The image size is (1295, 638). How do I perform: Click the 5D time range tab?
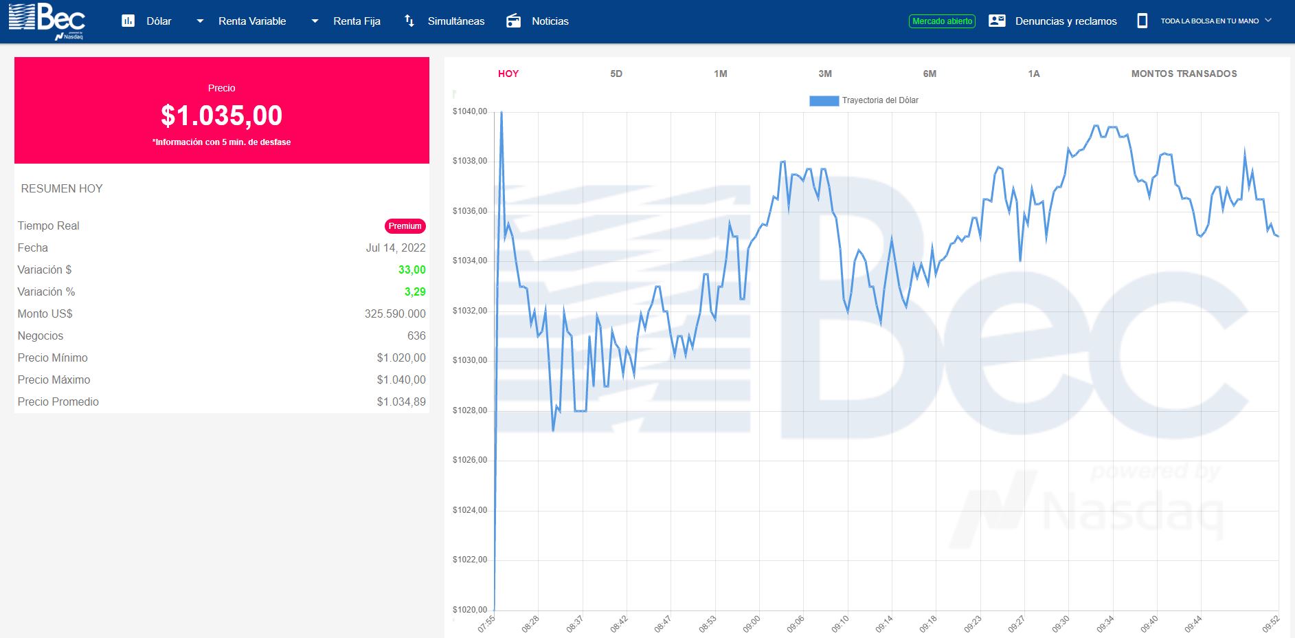pyautogui.click(x=616, y=74)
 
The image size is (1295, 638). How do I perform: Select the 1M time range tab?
pyautogui.click(x=720, y=74)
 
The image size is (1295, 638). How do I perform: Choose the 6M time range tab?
pyautogui.click(x=930, y=74)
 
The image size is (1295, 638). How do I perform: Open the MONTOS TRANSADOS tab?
pyautogui.click(x=1184, y=74)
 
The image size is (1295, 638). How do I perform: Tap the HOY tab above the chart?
pyautogui.click(x=508, y=74)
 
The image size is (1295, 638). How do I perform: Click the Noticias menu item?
pyautogui.click(x=550, y=21)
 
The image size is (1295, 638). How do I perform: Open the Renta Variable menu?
pyautogui.click(x=252, y=21)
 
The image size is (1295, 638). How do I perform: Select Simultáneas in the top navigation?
pyautogui.click(x=456, y=21)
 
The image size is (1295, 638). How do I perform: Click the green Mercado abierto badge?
pyautogui.click(x=943, y=21)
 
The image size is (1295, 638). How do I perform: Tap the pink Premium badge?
pyautogui.click(x=405, y=226)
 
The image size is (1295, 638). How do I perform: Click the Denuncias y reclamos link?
pyautogui.click(x=1066, y=21)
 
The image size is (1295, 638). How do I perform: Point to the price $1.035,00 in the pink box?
pyautogui.click(x=222, y=115)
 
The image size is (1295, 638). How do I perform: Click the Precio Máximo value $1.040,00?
pyautogui.click(x=401, y=379)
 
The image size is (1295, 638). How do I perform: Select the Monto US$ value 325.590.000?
pyautogui.click(x=395, y=313)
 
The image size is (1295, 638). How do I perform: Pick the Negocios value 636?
pyautogui.click(x=416, y=335)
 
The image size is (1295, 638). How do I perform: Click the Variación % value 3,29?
pyautogui.click(x=415, y=291)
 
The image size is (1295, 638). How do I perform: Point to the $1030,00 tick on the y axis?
pyautogui.click(x=470, y=360)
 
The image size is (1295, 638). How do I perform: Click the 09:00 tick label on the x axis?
pyautogui.click(x=752, y=624)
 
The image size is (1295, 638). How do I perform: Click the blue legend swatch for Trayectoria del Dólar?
pyautogui.click(x=824, y=100)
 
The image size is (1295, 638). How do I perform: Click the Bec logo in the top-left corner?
pyautogui.click(x=47, y=21)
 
